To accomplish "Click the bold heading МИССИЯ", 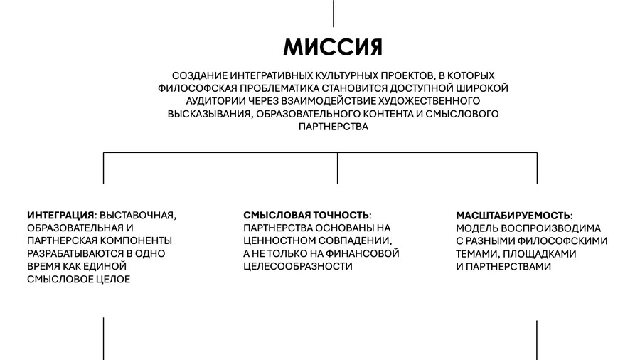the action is [333, 47].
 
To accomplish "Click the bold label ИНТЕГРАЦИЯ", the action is [61, 215].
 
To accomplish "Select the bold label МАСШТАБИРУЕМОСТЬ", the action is [513, 216].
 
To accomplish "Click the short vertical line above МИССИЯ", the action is [334, 14].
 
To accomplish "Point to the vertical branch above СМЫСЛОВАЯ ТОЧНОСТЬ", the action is [338, 168].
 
